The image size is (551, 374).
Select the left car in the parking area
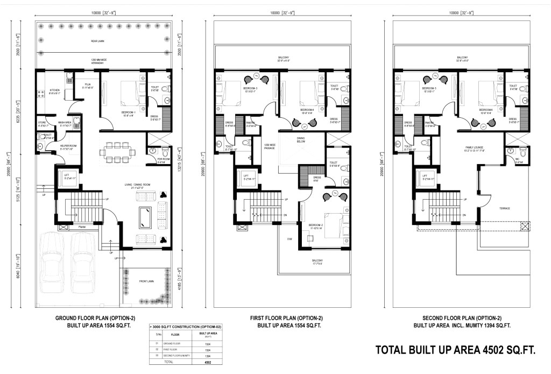point(54,262)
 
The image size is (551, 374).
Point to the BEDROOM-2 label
point(316,225)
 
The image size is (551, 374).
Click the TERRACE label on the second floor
point(504,208)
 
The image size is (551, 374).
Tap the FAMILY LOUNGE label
point(476,147)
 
